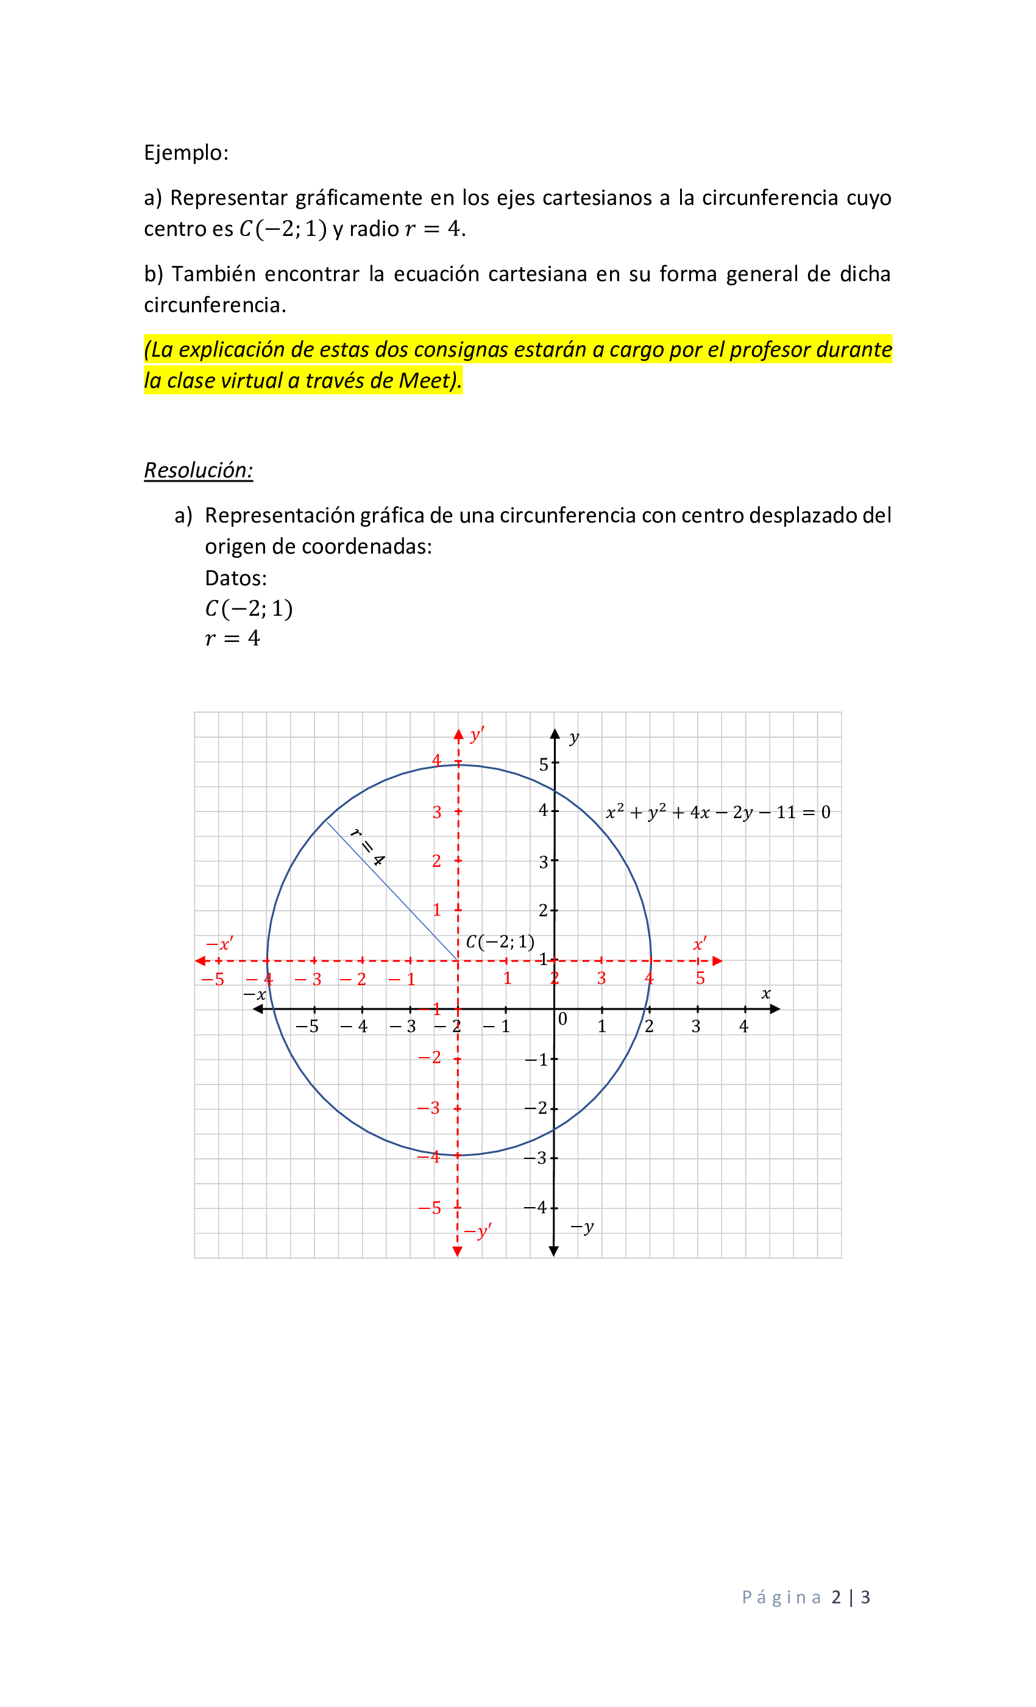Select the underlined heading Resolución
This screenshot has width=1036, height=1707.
198,471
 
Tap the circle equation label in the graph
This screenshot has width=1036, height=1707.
717,812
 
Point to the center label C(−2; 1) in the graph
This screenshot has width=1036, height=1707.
499,941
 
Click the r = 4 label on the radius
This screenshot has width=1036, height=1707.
367,847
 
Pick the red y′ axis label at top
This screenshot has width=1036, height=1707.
477,735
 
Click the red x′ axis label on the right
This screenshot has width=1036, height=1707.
700,944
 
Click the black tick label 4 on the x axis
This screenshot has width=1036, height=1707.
743,1027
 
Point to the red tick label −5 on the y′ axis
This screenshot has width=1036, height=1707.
430,1208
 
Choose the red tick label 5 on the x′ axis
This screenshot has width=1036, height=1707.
700,978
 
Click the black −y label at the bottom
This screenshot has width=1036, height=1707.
582,1227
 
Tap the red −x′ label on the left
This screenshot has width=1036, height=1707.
219,944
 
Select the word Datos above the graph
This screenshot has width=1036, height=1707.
235,578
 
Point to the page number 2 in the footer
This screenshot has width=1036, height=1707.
836,1597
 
